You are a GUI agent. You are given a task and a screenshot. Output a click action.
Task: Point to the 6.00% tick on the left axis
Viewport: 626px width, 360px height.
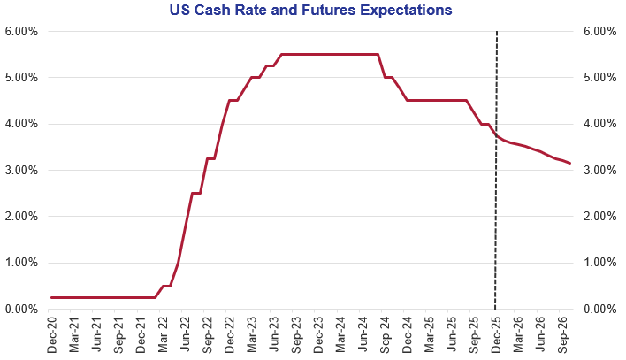coord(19,32)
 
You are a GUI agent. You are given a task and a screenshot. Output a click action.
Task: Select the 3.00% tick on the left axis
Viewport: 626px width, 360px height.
coord(19,170)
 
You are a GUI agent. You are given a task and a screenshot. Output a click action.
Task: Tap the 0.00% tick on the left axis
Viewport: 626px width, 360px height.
coord(19,309)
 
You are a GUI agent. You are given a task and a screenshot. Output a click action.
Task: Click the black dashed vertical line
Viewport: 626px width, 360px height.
coord(495,221)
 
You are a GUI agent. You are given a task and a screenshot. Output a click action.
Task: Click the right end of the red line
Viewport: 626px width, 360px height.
coord(570,163)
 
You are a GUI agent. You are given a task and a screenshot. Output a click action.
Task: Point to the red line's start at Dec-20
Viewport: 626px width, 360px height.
coord(52,297)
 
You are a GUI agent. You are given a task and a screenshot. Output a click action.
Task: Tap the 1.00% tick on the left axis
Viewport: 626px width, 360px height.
coord(19,263)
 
